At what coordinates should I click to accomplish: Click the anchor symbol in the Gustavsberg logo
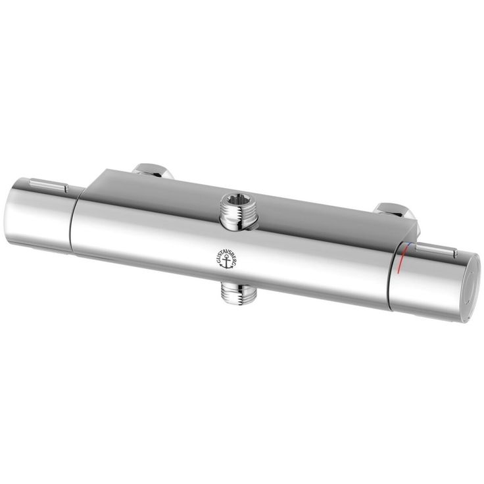[227, 262]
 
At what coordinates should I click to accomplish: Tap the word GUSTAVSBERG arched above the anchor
[227, 253]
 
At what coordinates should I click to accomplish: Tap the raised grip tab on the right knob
[437, 249]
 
